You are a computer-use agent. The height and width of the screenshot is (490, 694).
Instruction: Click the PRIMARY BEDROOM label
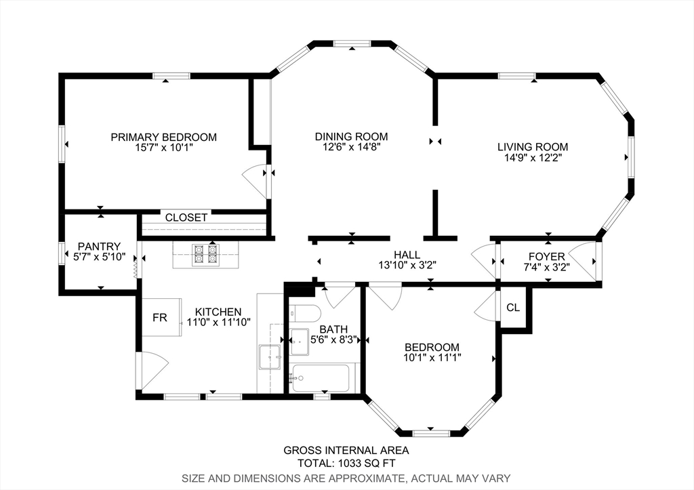point(164,137)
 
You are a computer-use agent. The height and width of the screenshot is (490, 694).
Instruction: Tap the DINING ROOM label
point(352,137)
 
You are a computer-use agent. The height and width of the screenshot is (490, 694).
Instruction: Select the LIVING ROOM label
point(533,147)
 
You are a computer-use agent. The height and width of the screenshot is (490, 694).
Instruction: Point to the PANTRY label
point(99,246)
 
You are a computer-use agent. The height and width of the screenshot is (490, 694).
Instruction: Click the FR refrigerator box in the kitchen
point(161,317)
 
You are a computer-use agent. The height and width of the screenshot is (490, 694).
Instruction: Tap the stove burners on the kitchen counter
point(205,255)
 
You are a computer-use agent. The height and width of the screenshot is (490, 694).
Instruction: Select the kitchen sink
point(270,356)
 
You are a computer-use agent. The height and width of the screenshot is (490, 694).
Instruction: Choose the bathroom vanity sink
point(300,342)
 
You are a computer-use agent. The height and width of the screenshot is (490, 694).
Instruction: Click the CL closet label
point(513,308)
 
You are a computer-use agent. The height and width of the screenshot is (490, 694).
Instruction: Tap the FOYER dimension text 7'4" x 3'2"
point(547,267)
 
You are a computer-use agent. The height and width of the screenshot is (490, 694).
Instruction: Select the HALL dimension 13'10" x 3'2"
point(407,265)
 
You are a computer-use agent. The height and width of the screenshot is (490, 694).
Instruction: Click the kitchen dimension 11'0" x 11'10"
point(219,322)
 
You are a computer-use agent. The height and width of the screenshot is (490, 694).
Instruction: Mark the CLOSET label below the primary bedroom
point(186,218)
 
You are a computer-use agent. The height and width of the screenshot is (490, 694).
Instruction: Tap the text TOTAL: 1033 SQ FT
point(346,464)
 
